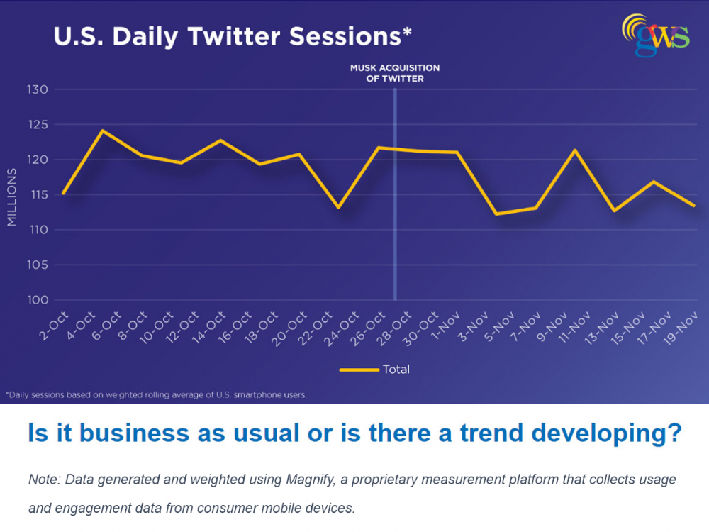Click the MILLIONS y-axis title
11,198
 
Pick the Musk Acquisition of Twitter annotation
395,73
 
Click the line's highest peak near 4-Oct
102,131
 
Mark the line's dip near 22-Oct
338,207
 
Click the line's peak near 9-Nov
574,150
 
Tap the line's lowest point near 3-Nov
496,214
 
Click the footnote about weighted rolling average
156,394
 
